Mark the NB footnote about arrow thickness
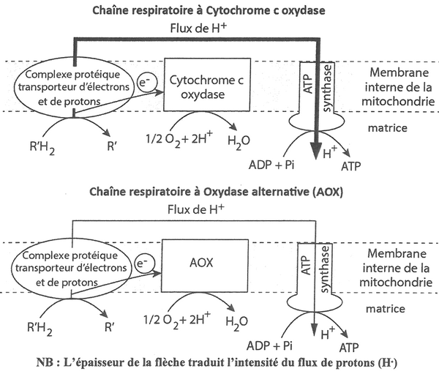click(x=219, y=364)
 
